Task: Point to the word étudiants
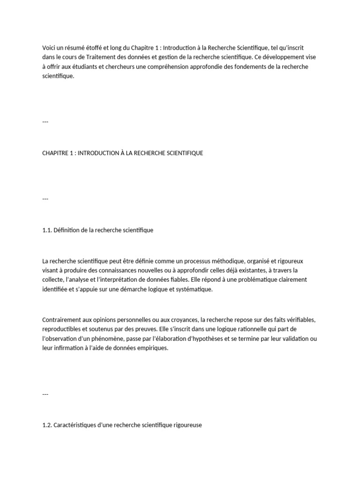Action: [74, 67]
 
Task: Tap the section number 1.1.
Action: [47, 230]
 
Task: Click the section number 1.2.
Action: [47, 426]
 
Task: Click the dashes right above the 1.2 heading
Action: [45, 394]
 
